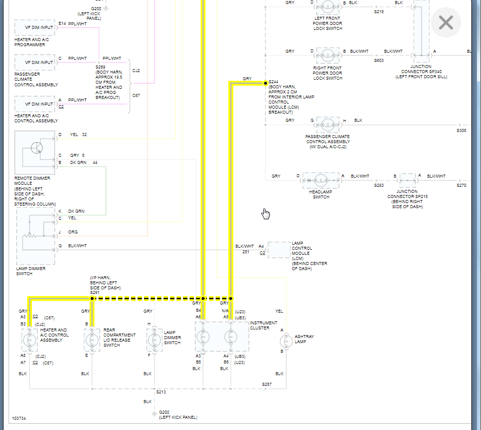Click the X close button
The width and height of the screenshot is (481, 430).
click(x=445, y=23)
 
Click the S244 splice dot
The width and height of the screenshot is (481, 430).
click(x=265, y=83)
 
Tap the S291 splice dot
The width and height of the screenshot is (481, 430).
click(x=92, y=299)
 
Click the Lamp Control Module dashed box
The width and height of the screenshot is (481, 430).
click(x=279, y=250)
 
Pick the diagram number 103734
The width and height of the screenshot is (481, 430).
click(x=19, y=419)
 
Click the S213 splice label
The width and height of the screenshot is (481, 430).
click(x=161, y=392)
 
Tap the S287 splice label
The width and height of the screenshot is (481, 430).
click(x=267, y=384)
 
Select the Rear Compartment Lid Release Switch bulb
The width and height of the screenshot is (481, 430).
click(x=92, y=339)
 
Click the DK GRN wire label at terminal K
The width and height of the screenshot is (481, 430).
click(x=76, y=211)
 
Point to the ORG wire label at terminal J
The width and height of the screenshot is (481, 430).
click(x=73, y=232)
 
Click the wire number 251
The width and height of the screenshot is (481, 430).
click(x=246, y=252)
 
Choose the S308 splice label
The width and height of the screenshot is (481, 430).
click(x=461, y=130)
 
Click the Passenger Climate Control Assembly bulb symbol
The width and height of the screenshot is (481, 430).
click(x=327, y=124)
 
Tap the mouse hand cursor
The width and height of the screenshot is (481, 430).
click(x=265, y=214)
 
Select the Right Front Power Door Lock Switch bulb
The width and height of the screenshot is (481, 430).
click(x=327, y=55)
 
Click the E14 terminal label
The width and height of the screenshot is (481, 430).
click(x=62, y=23)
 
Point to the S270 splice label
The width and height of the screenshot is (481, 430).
click(x=461, y=185)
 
